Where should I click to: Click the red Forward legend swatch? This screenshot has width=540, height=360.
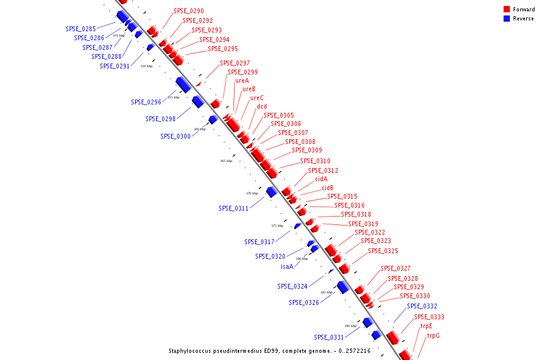point(507,10)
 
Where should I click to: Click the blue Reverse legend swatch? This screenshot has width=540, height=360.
point(507,19)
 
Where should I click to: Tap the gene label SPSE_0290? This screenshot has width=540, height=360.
point(188,11)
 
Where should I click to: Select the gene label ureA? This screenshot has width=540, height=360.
point(242,80)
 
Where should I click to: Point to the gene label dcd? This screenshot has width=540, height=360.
point(262,107)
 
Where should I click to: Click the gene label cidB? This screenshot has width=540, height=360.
point(327,188)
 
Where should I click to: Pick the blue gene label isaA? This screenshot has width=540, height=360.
point(287,266)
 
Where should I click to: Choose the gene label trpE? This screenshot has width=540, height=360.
point(426,326)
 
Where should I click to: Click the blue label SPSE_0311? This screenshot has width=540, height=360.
point(233,208)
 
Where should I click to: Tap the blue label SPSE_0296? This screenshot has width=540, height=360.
point(146,102)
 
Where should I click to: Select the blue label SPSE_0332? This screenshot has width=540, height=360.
point(422,306)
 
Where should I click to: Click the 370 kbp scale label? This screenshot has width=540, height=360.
point(251,193)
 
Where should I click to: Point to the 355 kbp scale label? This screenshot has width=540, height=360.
point(173,97)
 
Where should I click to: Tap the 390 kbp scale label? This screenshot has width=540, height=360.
point(350,326)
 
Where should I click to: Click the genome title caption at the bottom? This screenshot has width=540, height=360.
point(269,350)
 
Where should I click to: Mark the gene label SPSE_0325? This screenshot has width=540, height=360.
point(383,251)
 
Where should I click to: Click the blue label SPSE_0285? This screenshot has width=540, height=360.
point(80,29)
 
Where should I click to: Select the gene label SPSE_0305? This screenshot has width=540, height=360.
point(278,115)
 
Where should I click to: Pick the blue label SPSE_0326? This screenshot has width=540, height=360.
point(304,302)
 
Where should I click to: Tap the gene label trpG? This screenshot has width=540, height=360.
point(433,336)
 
